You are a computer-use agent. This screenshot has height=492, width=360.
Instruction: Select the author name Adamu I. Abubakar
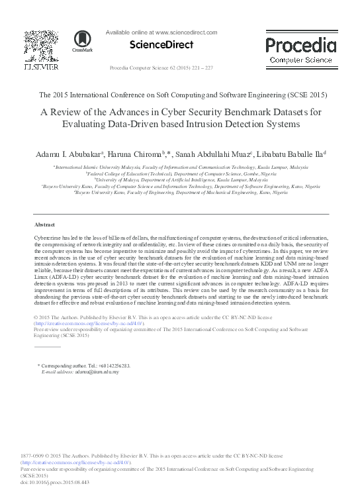coord(81,154)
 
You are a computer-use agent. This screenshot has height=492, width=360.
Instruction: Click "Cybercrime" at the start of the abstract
coord(47,237)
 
